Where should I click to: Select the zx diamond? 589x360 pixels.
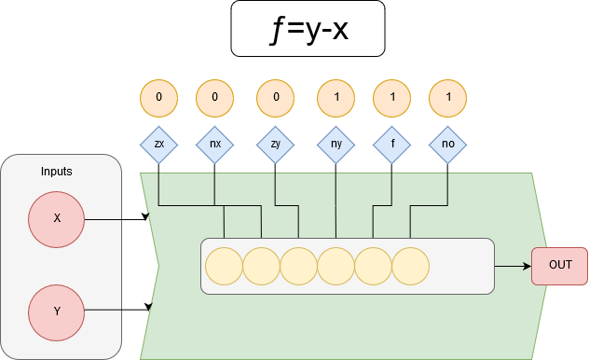[x=158, y=145]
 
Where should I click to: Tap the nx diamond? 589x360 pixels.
[x=214, y=145]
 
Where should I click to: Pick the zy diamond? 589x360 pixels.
[x=275, y=145]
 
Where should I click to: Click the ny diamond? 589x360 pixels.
[x=336, y=145]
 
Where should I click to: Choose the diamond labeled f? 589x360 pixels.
[x=391, y=145]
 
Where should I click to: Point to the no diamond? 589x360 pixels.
[x=447, y=145]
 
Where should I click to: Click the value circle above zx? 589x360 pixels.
[x=158, y=98]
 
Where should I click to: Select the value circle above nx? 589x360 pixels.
[x=214, y=98]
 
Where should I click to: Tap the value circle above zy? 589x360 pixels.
[x=275, y=98]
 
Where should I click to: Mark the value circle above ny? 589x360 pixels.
[x=336, y=98]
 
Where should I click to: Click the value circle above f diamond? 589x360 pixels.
[x=391, y=98]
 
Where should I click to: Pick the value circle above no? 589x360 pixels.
[x=447, y=98]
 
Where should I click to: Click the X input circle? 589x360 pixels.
[x=57, y=218]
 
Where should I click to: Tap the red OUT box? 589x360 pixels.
[x=559, y=266]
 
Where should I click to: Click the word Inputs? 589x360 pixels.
[x=57, y=173]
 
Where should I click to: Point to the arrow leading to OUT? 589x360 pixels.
[x=513, y=266]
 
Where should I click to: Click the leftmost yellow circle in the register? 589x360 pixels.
[x=224, y=266]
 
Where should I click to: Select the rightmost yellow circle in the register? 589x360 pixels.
[x=410, y=266]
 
